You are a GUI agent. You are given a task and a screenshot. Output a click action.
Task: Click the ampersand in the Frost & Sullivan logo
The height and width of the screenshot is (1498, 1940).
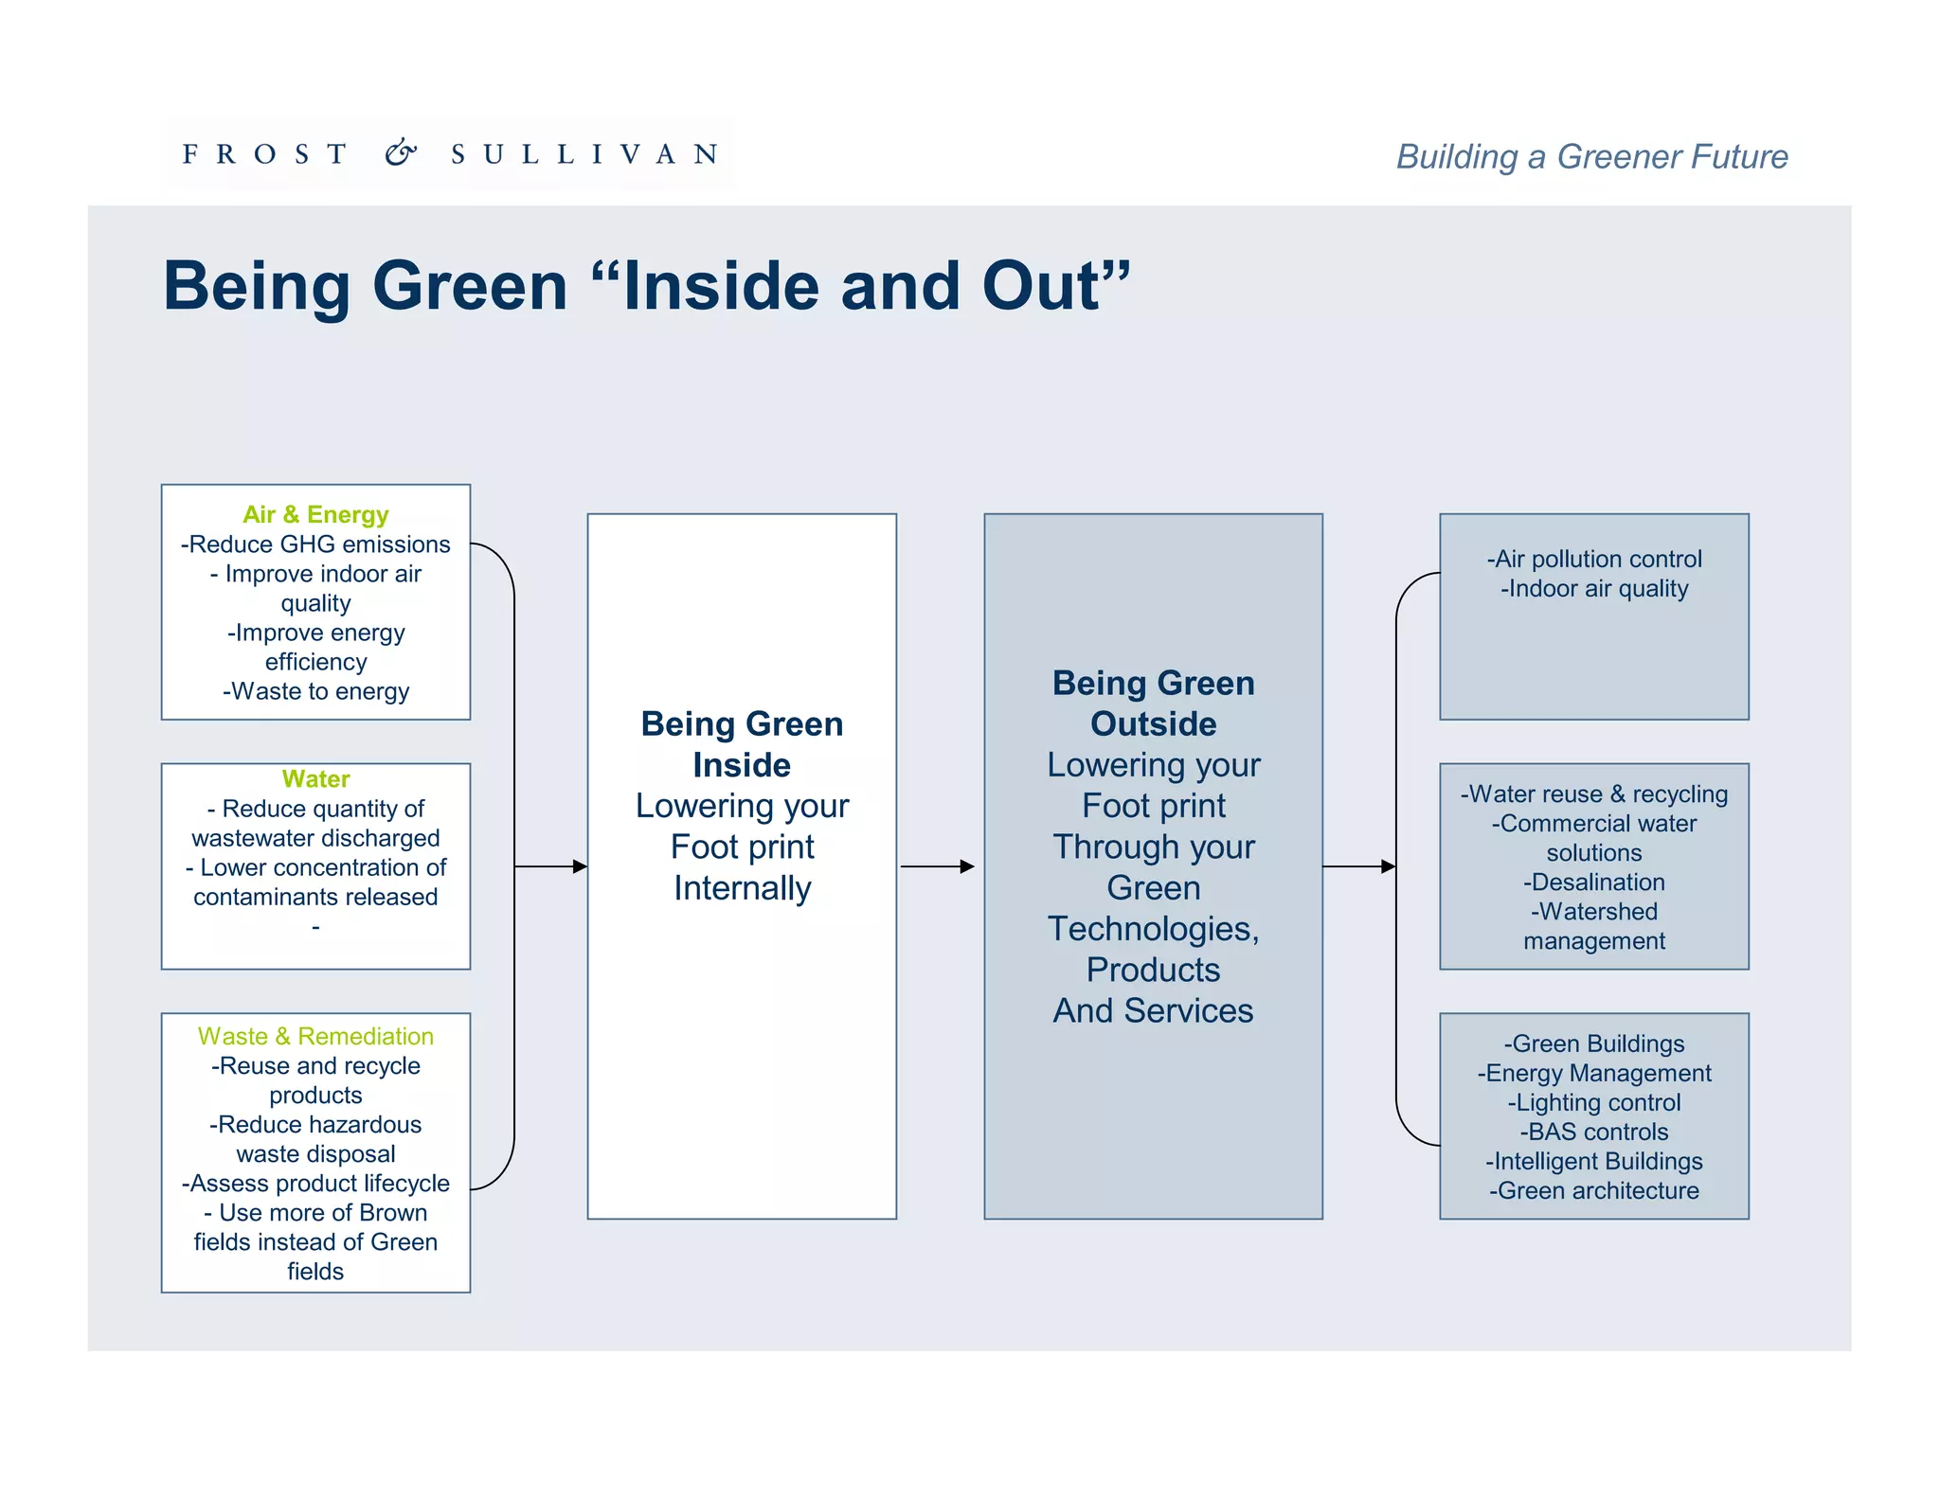401,152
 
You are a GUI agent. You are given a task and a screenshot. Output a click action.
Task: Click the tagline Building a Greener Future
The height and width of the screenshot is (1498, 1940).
1591,156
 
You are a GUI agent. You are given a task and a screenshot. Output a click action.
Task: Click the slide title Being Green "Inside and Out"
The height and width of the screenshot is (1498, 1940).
646,285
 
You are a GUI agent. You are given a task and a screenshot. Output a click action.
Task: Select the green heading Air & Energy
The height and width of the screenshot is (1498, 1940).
315,514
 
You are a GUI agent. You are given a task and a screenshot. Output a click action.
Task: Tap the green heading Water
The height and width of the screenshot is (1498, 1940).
315,778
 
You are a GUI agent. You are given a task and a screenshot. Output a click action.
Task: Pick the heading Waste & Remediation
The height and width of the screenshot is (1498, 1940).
315,1036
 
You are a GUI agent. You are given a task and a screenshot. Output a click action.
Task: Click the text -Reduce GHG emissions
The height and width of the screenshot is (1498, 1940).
315,544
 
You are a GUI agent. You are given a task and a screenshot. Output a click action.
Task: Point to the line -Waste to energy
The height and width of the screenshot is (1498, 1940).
315,691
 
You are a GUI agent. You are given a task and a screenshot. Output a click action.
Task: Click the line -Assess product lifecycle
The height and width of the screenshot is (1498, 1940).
315,1184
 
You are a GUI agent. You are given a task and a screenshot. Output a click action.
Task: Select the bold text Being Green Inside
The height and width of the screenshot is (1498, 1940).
742,744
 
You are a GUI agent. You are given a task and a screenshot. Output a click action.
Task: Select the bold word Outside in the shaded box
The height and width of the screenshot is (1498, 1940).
1153,723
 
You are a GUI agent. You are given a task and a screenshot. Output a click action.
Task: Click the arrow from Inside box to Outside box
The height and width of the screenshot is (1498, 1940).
937,866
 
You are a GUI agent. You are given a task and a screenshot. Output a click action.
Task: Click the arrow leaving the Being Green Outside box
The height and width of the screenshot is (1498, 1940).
1359,866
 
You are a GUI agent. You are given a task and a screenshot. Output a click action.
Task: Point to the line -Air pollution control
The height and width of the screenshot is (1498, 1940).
1594,559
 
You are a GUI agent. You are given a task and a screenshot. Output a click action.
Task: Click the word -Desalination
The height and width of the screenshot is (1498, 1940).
1594,883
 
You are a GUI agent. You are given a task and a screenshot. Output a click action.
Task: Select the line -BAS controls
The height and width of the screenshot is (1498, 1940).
1594,1132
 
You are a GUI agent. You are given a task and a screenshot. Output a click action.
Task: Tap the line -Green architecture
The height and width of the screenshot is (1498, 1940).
1594,1190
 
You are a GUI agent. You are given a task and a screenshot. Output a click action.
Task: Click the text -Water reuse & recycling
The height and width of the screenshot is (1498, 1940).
1594,794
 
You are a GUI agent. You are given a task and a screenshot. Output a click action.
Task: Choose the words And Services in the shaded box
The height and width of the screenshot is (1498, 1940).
1153,1010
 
